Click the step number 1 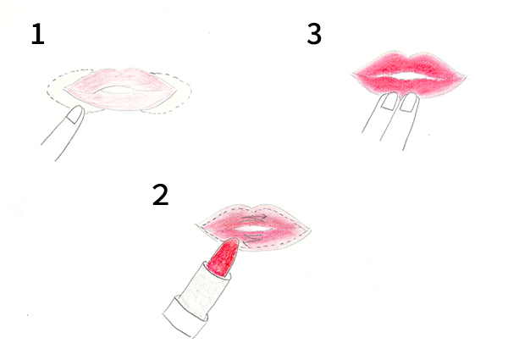pos(38,34)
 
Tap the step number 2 pos(161,195)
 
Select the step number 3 pos(314,34)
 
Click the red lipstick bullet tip pos(224,257)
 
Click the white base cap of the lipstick pos(185,317)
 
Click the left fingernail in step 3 pos(389,101)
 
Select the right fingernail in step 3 pos(409,102)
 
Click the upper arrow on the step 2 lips pos(254,218)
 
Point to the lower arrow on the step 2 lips pos(252,239)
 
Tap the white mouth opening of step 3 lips pos(409,77)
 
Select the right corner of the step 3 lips pos(465,77)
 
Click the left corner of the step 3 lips pos(352,75)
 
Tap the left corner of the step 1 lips pos(64,88)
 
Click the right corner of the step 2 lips pos(310,230)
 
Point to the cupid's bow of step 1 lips pos(120,71)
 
